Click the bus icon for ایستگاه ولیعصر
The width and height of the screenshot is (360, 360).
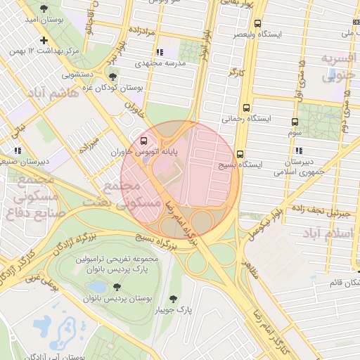point(257,22)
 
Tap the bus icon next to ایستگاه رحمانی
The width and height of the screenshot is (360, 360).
point(246,108)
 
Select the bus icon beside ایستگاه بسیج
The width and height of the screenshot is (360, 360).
point(240,154)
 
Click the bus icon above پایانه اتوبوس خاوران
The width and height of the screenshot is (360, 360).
point(145,140)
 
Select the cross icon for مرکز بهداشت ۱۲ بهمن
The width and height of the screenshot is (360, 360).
point(44,40)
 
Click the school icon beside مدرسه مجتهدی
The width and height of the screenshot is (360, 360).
point(160,52)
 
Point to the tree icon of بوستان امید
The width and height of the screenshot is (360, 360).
point(44,9)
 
